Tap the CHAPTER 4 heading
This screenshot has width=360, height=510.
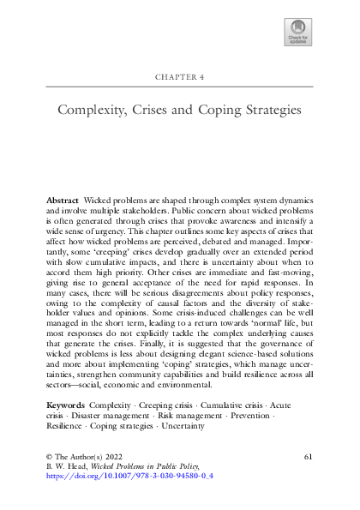179,75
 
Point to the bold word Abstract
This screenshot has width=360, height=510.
62,199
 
